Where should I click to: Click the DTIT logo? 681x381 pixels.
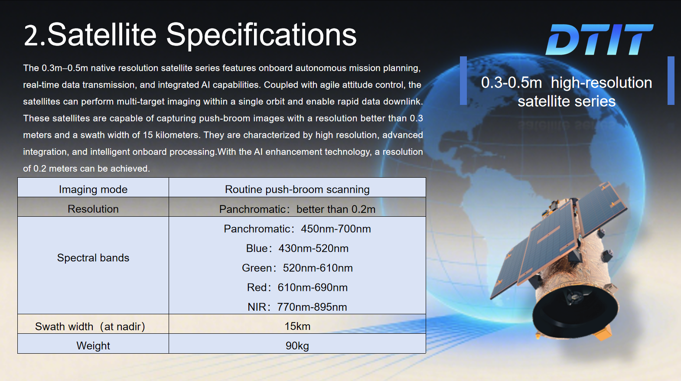599,39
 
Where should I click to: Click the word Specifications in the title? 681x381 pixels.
261,35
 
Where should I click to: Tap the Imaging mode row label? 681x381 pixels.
93,189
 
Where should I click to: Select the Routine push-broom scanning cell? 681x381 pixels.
297,189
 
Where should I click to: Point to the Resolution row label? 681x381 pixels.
93,209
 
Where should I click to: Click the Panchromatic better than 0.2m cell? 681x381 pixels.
297,209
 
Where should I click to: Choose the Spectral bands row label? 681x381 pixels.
93,258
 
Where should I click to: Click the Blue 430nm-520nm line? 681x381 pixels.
297,248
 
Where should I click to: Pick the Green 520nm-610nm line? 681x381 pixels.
297,268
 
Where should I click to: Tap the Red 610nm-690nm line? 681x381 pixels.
297,287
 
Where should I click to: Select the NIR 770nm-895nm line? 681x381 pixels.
297,307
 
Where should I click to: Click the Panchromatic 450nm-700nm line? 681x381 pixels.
297,229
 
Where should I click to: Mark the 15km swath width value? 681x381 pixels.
297,326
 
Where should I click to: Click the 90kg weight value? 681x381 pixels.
297,346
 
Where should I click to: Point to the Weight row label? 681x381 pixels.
93,346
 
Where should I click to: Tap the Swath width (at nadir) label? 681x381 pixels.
90,326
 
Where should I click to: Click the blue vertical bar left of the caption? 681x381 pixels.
463,81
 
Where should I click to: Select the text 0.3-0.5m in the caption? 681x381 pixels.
512,83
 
